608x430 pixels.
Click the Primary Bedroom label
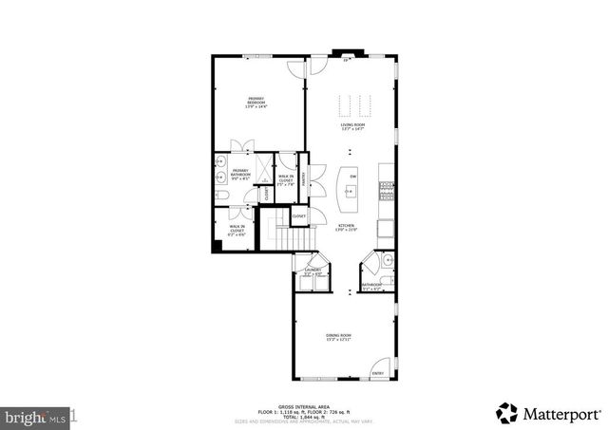click(x=256, y=101)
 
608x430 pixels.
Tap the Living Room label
click(x=353, y=127)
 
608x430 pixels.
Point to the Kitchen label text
click(x=346, y=228)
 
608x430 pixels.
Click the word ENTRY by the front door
click(x=379, y=373)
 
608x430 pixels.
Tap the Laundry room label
click(x=311, y=271)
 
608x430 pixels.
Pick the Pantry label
click(x=303, y=178)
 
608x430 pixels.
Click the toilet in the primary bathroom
click(x=219, y=195)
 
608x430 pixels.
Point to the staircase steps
click(x=274, y=230)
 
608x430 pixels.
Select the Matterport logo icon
click(x=507, y=413)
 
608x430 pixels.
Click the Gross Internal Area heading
click(x=303, y=405)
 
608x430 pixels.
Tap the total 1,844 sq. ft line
click(x=303, y=416)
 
